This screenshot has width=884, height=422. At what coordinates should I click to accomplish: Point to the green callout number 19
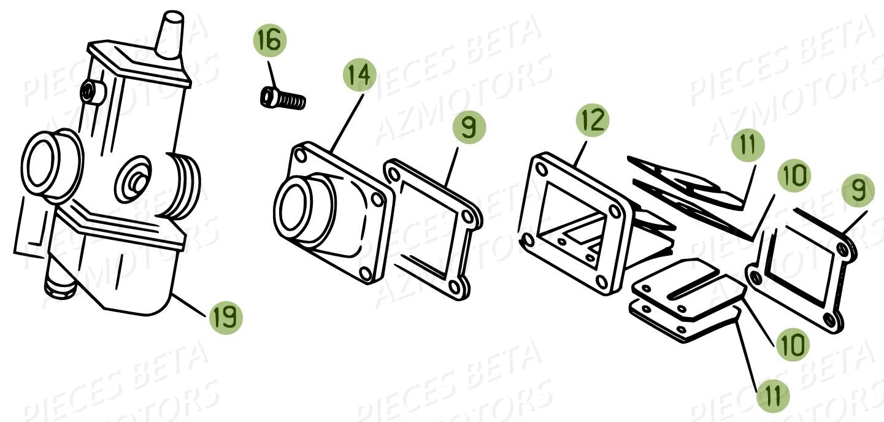(x=226, y=318)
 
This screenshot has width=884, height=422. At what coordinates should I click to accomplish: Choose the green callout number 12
(x=593, y=121)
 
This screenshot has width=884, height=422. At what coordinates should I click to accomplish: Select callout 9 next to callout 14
(x=469, y=128)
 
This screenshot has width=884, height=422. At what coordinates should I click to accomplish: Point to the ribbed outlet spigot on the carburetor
(x=184, y=185)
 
